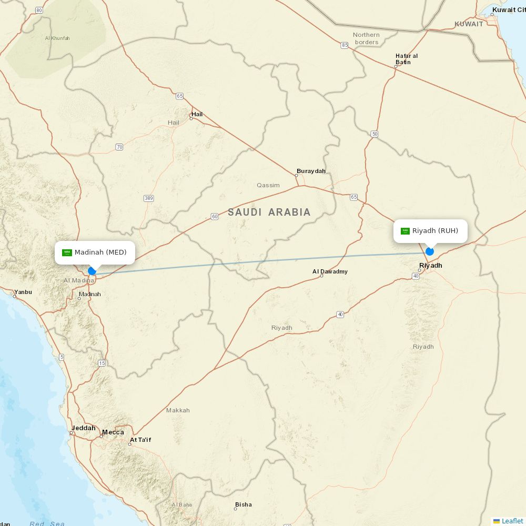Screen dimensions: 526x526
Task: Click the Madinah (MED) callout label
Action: tap(95, 252)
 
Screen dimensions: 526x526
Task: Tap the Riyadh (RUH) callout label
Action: tap(430, 231)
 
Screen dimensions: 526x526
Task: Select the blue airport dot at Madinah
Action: tap(92, 271)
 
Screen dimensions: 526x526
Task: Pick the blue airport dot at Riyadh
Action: tap(430, 251)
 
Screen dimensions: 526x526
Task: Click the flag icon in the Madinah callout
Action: tap(67, 252)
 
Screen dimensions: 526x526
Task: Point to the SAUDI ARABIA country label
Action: tap(269, 213)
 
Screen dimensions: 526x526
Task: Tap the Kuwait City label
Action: tap(509, 10)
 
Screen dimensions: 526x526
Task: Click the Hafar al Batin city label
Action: tap(406, 59)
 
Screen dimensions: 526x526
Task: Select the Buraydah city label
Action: tap(311, 171)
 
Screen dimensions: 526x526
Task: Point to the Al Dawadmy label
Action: tap(330, 271)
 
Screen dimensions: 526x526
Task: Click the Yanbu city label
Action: tap(23, 292)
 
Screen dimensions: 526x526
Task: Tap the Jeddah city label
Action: tap(84, 428)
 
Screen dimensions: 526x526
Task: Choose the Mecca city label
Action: tap(113, 432)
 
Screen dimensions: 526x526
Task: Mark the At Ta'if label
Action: tap(140, 440)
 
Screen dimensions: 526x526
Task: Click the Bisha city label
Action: tap(243, 504)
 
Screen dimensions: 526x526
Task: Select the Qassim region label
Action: tap(268, 185)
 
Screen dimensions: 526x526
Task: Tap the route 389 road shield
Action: tap(148, 198)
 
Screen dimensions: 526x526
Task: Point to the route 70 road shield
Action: tap(119, 147)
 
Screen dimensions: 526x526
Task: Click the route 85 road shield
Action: tap(345, 46)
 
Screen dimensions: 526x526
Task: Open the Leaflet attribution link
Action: tap(512, 521)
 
